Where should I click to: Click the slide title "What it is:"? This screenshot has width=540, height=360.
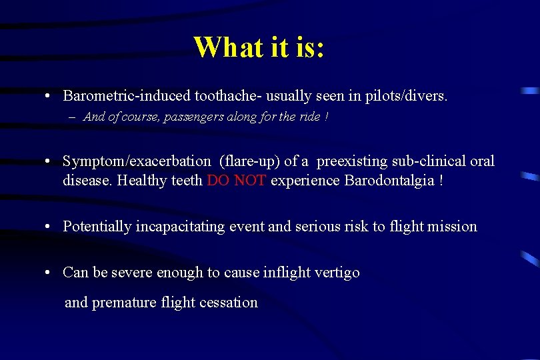259,47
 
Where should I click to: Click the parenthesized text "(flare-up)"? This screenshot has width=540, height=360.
248,161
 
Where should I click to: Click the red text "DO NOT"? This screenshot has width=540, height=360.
237,181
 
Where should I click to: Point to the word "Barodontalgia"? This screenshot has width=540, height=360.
387,181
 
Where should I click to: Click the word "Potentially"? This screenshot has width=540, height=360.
97,227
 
